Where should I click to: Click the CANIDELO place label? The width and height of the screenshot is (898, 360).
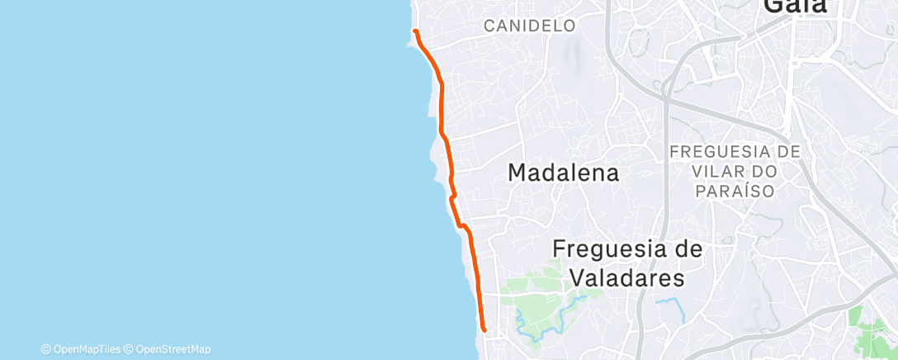coord(529,26)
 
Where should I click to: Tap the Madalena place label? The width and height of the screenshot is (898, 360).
coord(564,173)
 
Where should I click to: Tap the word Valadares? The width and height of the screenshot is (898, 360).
coord(626,277)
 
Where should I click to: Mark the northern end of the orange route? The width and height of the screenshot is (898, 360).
coord(415,31)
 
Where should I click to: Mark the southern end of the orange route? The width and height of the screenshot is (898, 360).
coord(483,331)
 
